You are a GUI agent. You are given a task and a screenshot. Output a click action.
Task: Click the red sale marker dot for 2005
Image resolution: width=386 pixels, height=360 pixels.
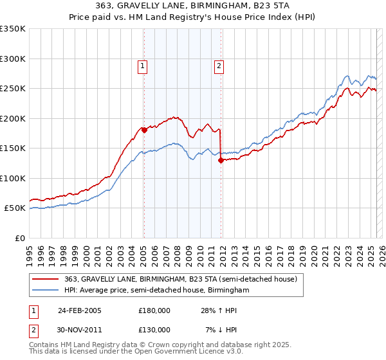144,130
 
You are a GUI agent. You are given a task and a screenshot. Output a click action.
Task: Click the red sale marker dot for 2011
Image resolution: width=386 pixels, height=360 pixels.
221,161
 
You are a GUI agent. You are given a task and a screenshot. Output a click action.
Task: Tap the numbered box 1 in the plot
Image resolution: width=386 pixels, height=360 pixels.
142,64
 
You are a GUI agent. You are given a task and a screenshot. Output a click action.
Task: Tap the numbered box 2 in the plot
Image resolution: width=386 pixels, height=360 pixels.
219,64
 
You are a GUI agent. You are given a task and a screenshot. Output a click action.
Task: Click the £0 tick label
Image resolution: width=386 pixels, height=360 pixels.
19,238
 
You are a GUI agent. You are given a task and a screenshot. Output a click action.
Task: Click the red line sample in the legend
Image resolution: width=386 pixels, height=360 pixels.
46,280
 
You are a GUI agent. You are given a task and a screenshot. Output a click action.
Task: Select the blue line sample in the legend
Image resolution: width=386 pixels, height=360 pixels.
46,291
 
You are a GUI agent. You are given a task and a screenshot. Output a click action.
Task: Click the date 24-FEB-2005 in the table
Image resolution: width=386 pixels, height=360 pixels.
80,310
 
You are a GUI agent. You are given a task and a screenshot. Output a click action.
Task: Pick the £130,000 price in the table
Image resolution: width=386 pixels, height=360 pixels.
154,330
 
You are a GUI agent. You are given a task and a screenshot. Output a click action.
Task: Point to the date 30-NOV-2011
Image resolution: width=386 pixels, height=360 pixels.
80,330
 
